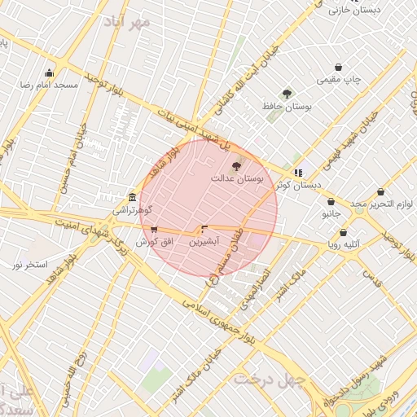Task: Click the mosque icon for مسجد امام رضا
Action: point(50,72)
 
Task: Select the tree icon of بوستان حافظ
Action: point(286,94)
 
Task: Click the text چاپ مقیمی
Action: point(340,80)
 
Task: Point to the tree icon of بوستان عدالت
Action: point(237,166)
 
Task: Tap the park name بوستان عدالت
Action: point(238,178)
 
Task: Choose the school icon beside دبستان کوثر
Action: point(299,173)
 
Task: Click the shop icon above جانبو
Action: point(331,201)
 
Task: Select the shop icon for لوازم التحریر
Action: point(380,192)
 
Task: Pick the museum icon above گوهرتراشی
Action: point(132,197)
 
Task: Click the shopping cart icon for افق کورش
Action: point(155,230)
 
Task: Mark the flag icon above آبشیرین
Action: point(204,230)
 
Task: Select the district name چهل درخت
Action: point(270,380)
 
